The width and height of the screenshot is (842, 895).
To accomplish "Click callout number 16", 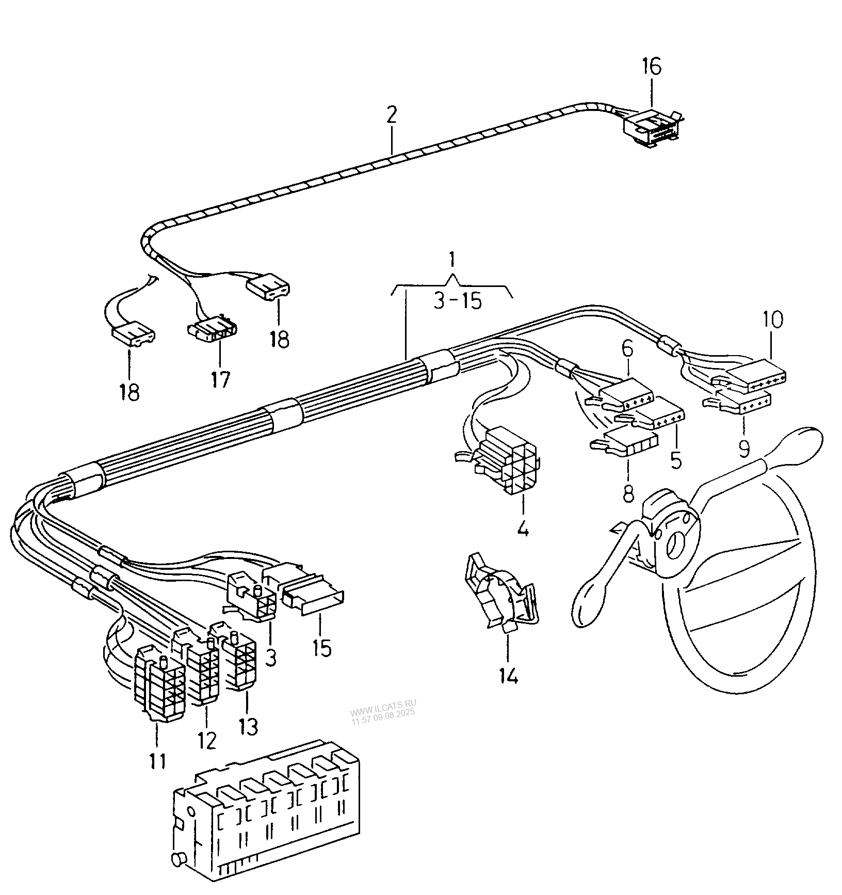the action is pyautogui.click(x=651, y=67).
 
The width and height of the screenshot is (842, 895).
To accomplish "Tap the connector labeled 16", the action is pyautogui.click(x=653, y=128).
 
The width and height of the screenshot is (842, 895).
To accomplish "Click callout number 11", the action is pyautogui.click(x=158, y=760).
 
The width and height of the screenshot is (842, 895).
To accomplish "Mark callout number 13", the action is pyautogui.click(x=248, y=727).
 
